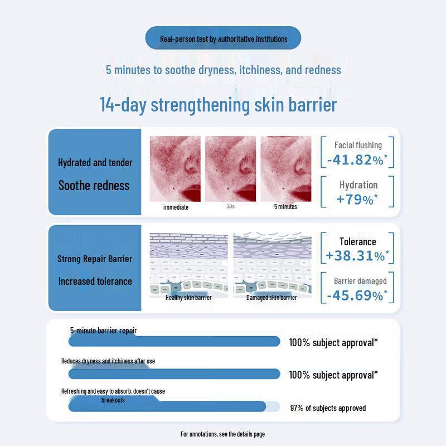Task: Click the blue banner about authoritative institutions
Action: (223, 38)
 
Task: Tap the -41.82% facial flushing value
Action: (357, 160)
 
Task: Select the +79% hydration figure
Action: (357, 199)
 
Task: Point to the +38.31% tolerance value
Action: (357, 255)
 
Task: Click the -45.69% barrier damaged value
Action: (357, 295)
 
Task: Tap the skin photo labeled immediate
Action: (175, 169)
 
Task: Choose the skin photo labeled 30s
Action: (230, 169)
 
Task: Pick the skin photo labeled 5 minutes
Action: (286, 169)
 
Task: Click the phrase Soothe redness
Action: (94, 186)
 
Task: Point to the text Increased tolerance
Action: (95, 282)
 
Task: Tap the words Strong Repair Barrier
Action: (95, 259)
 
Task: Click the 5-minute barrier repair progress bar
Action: (174, 341)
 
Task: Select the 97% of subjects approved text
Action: (328, 408)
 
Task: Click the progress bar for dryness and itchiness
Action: (174, 374)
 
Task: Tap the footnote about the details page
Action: (222, 434)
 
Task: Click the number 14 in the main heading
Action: (107, 104)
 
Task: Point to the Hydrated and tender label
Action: (95, 162)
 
